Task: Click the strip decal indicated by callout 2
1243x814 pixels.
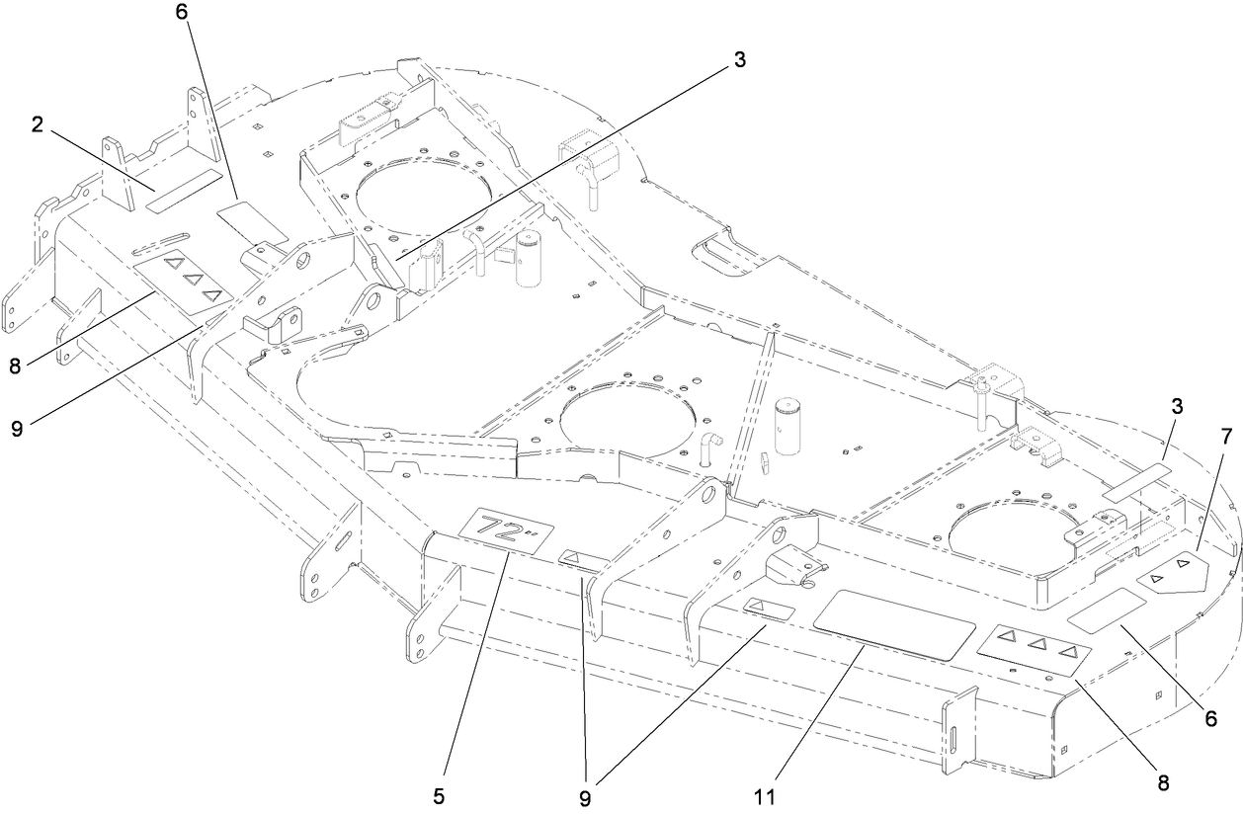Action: point(184,191)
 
